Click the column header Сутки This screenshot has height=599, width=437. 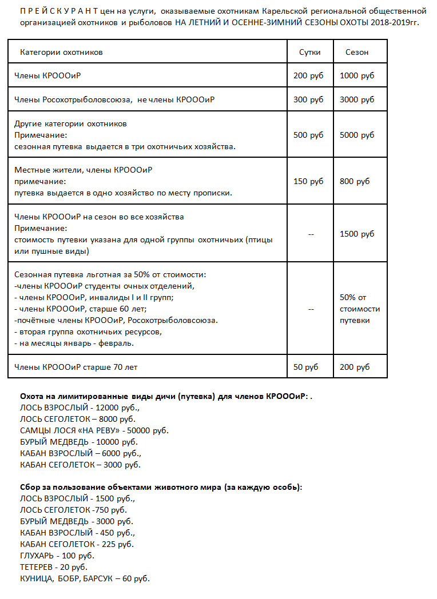pos(309,52)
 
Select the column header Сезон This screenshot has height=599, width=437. pos(357,52)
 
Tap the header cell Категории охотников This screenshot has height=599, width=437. pos(61,52)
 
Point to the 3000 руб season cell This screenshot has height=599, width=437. pos(357,99)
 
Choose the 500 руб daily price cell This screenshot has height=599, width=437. pos(308,135)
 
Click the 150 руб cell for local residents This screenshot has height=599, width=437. pos(308,181)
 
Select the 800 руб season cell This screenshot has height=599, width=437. pos(355,181)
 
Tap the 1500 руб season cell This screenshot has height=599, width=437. pos(357,234)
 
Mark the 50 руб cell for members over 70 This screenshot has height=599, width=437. pos(306,367)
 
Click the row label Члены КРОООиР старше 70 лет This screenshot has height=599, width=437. pos(76,367)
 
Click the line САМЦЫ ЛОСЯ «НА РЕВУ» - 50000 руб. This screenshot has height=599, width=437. pos(94,430)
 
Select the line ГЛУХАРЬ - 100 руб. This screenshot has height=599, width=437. pos(57,556)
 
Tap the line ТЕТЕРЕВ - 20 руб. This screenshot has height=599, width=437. pos(53,567)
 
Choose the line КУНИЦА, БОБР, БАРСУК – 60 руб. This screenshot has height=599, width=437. pos(85,578)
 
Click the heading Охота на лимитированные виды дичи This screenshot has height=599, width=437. pos(119,396)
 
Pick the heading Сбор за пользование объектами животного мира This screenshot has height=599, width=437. pos(161,487)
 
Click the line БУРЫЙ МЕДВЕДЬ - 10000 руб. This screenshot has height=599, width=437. pos(78,442)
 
